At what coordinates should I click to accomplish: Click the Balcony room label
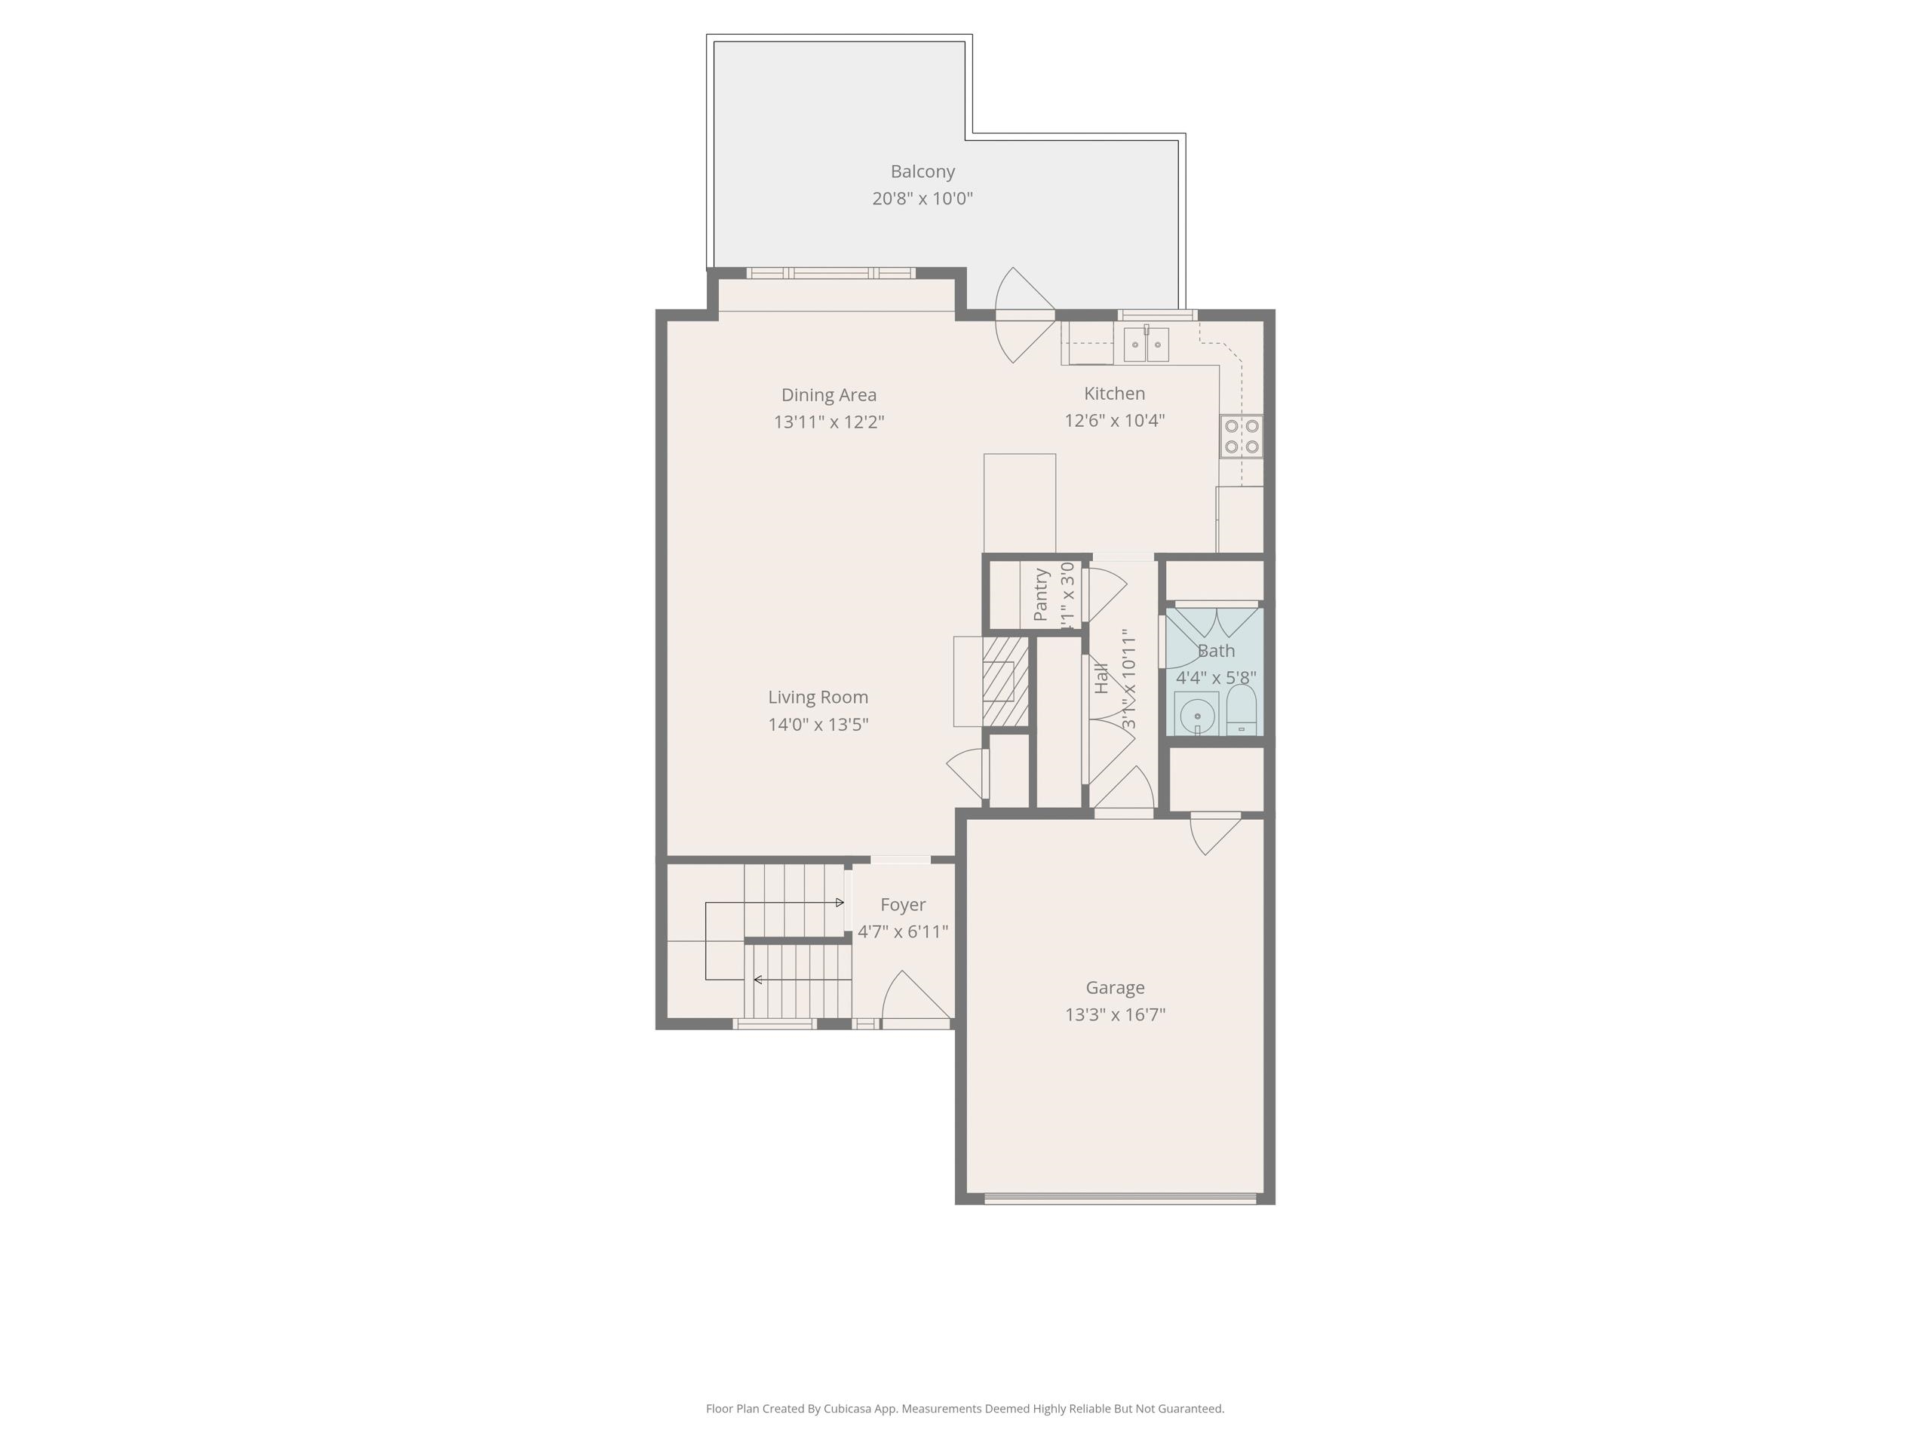point(922,171)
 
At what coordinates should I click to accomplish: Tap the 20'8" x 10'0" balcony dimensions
point(922,198)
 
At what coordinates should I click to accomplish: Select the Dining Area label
point(828,394)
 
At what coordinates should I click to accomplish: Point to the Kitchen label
point(1114,393)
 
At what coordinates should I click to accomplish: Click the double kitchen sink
point(1145,344)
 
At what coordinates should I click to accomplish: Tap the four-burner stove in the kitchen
point(1241,436)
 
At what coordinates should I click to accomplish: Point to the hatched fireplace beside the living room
point(1005,681)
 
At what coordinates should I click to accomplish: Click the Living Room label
point(818,697)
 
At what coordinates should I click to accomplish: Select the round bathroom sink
point(1196,715)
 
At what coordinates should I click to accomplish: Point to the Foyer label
point(903,904)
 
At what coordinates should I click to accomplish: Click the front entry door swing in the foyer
point(912,999)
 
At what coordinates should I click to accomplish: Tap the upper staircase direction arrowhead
point(840,902)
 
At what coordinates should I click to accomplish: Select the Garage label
point(1115,987)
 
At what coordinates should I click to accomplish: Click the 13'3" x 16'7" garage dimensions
point(1115,1014)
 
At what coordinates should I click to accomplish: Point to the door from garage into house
point(1214,831)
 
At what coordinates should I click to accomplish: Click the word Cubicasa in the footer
point(847,1408)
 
